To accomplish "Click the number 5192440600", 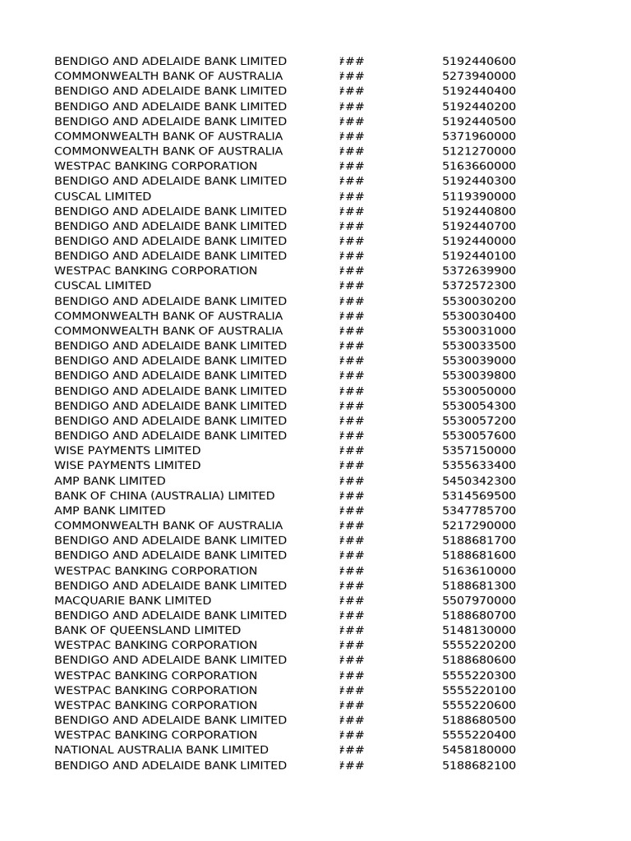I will pyautogui.click(x=479, y=61).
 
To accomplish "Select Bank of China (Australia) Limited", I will pyautogui.click(x=164, y=495).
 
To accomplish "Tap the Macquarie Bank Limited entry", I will pyautogui.click(x=132, y=600).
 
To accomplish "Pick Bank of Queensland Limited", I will pyautogui.click(x=147, y=630).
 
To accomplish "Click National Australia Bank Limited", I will pyautogui.click(x=161, y=750).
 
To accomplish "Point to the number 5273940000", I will pyautogui.click(x=479, y=76).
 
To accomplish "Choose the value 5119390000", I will pyautogui.click(x=479, y=196).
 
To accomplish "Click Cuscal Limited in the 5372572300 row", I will pyautogui.click(x=103, y=286).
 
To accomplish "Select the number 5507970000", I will pyautogui.click(x=479, y=600).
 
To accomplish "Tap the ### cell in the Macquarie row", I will pyautogui.click(x=352, y=600).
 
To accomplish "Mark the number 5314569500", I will pyautogui.click(x=479, y=495).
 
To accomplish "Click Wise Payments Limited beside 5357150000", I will pyautogui.click(x=127, y=450).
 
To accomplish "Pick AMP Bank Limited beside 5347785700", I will pyautogui.click(x=110, y=510).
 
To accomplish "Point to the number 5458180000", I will pyautogui.click(x=479, y=750).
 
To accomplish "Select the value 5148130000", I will pyautogui.click(x=479, y=630).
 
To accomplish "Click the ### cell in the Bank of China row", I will pyautogui.click(x=352, y=495).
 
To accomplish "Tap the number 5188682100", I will pyautogui.click(x=479, y=765).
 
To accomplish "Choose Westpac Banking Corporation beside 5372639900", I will pyautogui.click(x=155, y=271).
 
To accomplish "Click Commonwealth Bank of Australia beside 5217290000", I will pyautogui.click(x=168, y=526).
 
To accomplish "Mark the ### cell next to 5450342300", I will pyautogui.click(x=352, y=480).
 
